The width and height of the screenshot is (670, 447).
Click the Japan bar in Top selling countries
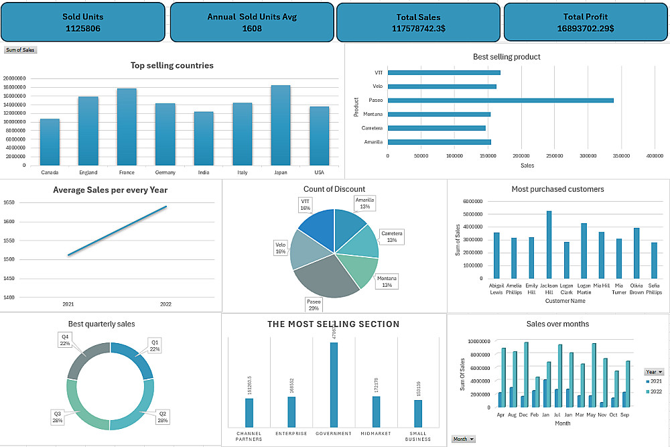[281, 125]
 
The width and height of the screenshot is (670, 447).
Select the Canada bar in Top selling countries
[50, 142]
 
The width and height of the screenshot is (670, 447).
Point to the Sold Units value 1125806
[83, 29]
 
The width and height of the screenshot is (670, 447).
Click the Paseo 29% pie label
[314, 305]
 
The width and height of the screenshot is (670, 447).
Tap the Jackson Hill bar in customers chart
[549, 245]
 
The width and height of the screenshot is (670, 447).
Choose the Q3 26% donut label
[58, 418]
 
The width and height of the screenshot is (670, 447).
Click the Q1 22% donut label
[155, 345]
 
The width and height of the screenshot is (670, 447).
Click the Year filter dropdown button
[655, 371]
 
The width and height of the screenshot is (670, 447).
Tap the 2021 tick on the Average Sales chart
[68, 304]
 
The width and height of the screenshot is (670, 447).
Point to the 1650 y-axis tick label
[9, 202]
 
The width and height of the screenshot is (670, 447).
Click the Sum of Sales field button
[20, 50]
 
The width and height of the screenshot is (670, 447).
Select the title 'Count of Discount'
[334, 190]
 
